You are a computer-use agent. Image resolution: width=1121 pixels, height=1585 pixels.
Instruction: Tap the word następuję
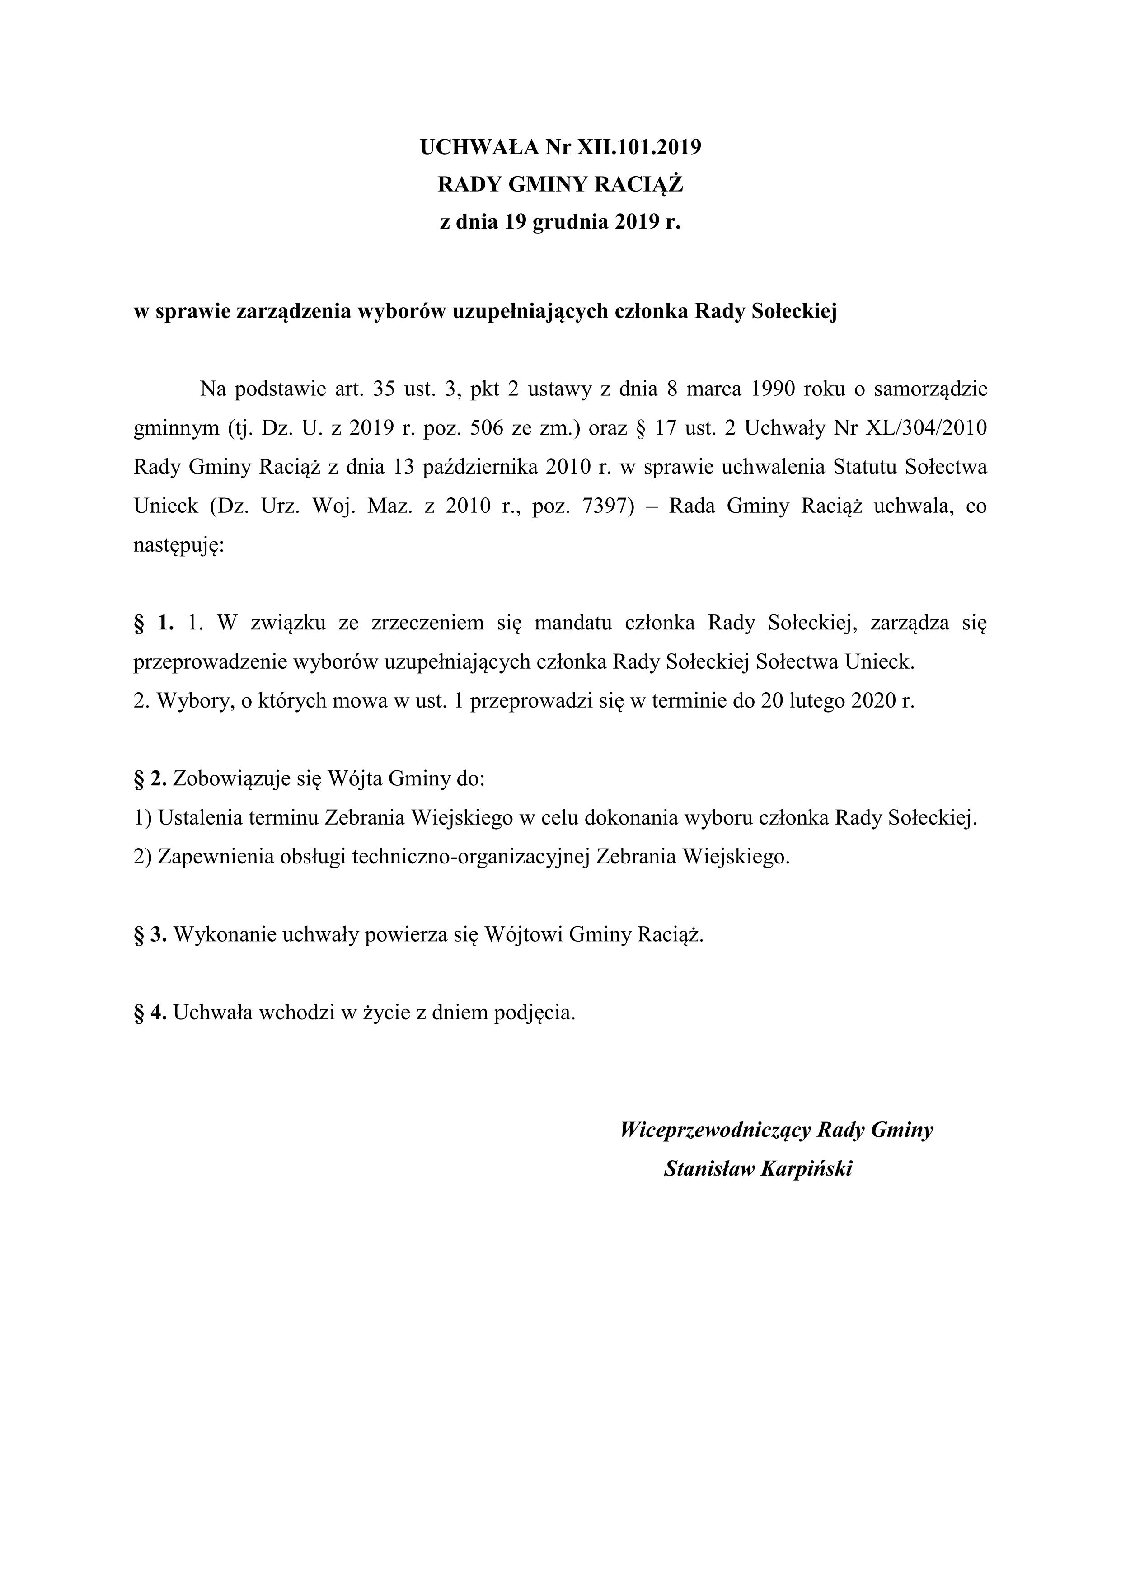178,547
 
